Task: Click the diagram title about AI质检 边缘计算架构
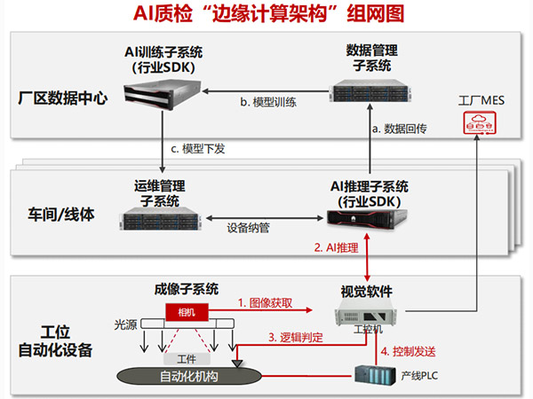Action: click(266, 15)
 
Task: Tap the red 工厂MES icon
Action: click(481, 125)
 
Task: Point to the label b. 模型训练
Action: click(267, 102)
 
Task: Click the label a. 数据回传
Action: click(400, 129)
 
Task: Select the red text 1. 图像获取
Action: click(266, 302)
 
